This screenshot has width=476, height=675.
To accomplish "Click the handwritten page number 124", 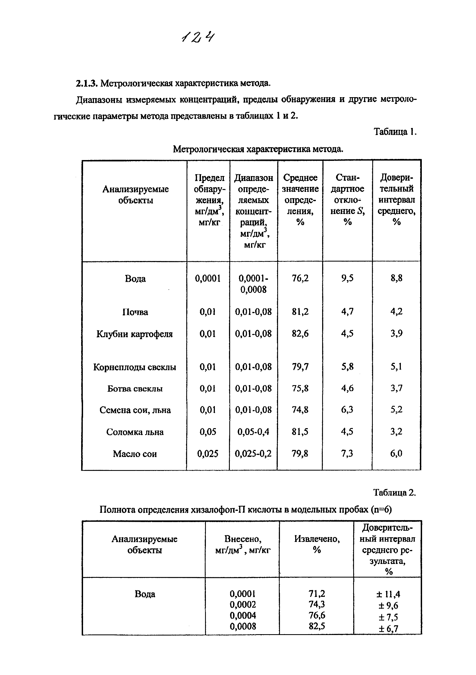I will point(198,37).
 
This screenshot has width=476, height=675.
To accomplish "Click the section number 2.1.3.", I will point(86,84).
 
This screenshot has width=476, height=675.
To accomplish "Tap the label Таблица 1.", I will point(395,131).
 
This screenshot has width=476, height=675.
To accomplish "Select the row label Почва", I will point(135,312).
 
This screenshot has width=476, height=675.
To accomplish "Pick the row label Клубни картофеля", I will point(135,334).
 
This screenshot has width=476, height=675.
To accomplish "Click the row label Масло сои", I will point(135,454).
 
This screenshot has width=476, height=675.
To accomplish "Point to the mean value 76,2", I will point(300,278).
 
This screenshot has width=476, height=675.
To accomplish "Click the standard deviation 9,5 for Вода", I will point(347,278).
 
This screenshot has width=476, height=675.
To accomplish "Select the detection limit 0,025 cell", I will point(208,454).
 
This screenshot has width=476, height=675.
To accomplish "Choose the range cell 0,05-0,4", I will point(253,432).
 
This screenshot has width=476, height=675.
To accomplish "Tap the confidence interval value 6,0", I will point(396,453).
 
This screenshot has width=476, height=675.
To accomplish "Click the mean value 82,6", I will point(300,333).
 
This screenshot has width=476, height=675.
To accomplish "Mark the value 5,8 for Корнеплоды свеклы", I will point(347,367).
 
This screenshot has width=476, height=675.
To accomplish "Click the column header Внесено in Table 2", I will point(243,539).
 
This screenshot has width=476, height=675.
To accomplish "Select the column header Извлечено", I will point(317,539).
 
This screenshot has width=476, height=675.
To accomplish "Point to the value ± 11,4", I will point(388,594).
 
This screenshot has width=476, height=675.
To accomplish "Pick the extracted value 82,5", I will point(317,626).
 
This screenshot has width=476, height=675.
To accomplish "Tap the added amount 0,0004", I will point(243,615).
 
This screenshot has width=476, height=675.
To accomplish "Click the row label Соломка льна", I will point(135,432).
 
